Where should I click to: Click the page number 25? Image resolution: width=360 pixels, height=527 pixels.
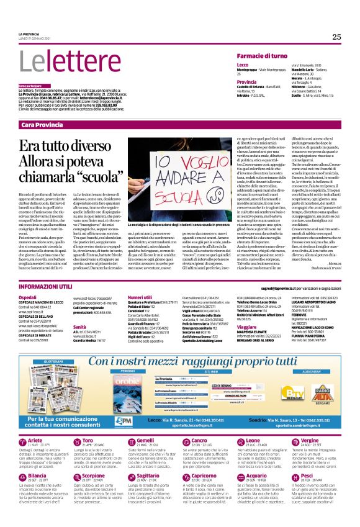click(336, 37)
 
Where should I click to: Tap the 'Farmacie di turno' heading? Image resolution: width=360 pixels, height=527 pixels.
click(261, 55)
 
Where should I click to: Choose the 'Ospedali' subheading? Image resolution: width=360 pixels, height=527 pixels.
click(27, 297)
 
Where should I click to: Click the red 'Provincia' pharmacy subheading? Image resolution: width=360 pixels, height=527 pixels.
click(246, 81)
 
